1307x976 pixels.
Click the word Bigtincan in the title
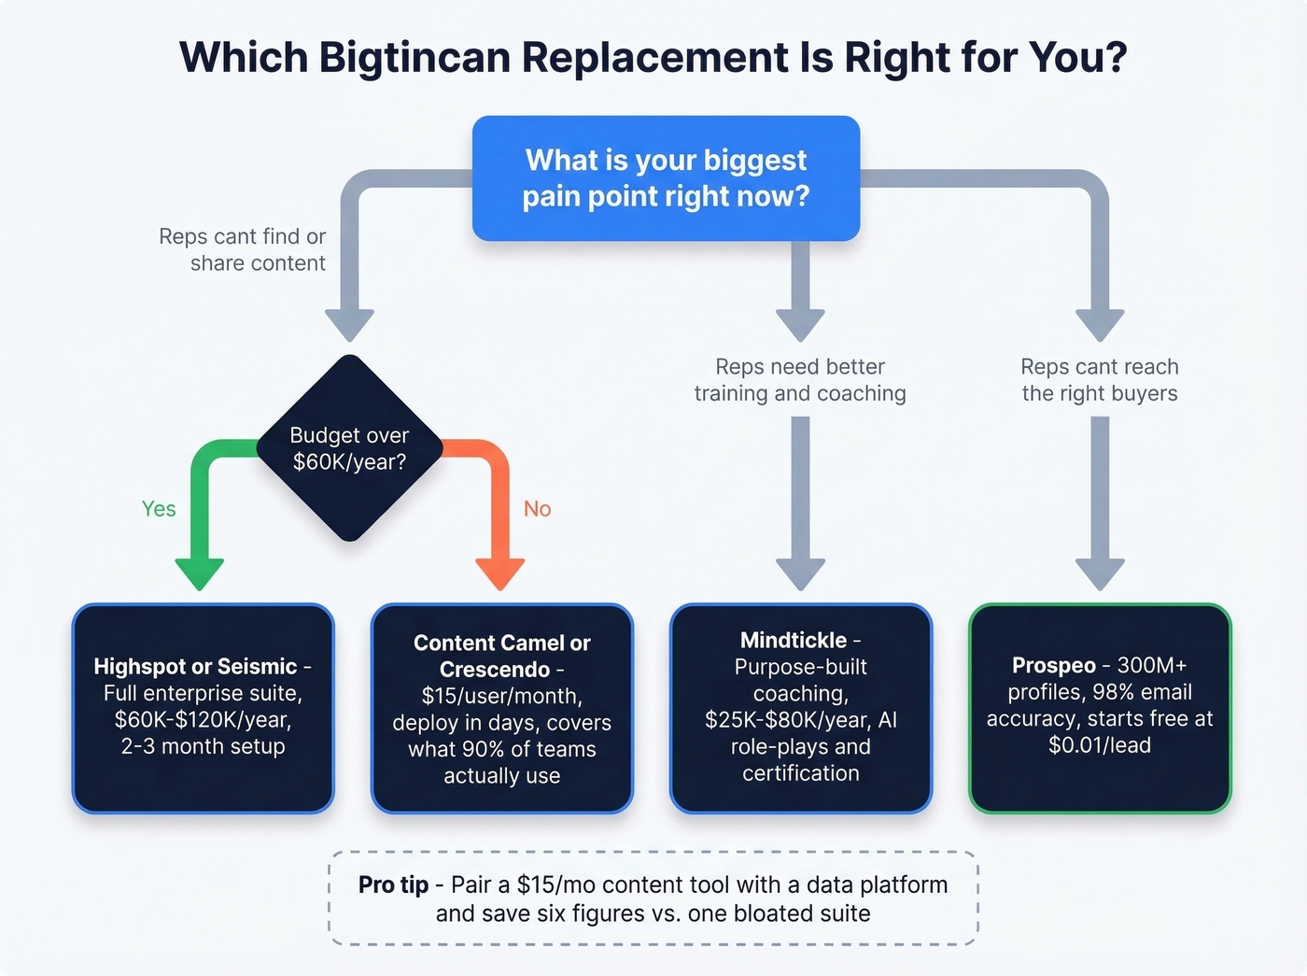coord(414,57)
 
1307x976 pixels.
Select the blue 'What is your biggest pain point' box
coord(666,178)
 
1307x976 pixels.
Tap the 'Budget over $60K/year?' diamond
coord(349,448)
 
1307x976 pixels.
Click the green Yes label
coord(159,509)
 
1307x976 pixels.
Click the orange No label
coord(537,509)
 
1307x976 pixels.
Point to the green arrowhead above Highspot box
coord(200,573)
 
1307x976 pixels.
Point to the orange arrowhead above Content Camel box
coord(500,573)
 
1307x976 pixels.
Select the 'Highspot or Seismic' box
coord(203,708)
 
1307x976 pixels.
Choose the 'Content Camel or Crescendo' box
coord(502,708)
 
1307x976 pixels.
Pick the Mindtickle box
coord(801,708)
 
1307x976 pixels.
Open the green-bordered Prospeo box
coord(1100,708)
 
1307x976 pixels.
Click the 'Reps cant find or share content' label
coord(243,249)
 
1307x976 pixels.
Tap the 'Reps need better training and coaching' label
coord(800,380)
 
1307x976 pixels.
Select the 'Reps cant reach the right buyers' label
coord(1100,380)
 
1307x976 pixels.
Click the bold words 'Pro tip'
coord(393,884)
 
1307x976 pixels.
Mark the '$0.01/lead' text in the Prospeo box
coord(1100,745)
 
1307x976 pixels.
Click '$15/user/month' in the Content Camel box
coord(500,696)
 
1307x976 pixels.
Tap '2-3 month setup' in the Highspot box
coord(203,746)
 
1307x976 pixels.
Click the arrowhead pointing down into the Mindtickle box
coord(801,573)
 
